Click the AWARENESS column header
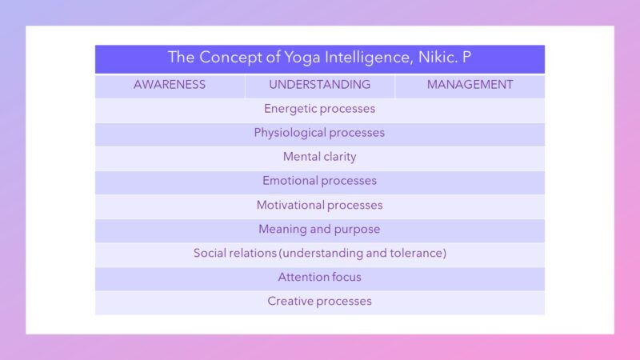170,85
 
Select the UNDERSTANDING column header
319,85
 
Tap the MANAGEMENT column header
470,85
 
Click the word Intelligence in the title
370,58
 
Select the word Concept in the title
230,58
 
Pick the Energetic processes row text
319,109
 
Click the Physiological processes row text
319,133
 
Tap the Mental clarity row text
319,157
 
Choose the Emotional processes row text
319,181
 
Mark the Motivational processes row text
319,205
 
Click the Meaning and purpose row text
319,229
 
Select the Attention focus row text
319,277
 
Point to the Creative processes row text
319,302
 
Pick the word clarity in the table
338,157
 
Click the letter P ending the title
466,57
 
